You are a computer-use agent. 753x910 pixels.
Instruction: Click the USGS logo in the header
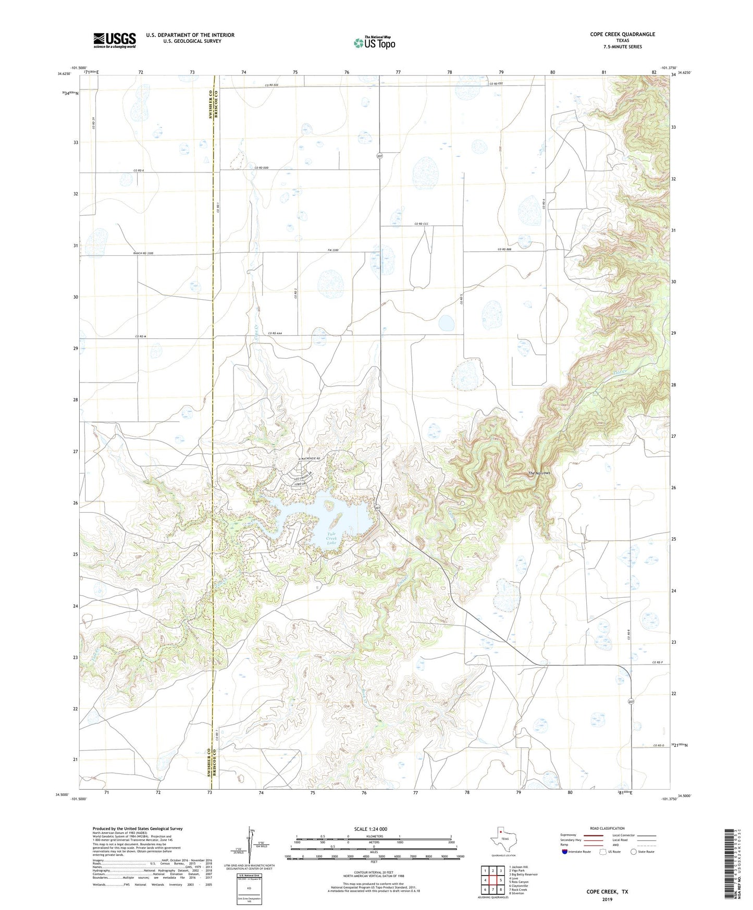[115, 40]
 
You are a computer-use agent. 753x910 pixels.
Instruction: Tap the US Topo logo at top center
[374, 43]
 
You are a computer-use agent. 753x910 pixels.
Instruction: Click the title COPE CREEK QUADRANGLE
[622, 34]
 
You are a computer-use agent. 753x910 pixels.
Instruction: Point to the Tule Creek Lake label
[332, 538]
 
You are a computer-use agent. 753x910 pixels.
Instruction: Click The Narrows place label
[539, 473]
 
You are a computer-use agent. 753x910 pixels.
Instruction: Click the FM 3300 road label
[333, 251]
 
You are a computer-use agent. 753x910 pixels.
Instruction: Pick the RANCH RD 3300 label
[143, 253]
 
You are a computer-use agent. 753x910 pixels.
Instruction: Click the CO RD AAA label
[275, 333]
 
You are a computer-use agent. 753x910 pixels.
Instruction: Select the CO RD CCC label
[421, 224]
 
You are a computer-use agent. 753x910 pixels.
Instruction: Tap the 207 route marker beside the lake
[377, 507]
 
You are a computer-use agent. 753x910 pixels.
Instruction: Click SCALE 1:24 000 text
[370, 829]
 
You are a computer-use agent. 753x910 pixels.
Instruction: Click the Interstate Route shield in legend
[565, 851]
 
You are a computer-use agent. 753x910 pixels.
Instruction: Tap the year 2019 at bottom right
[607, 899]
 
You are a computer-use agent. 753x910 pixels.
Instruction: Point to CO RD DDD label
[262, 167]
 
